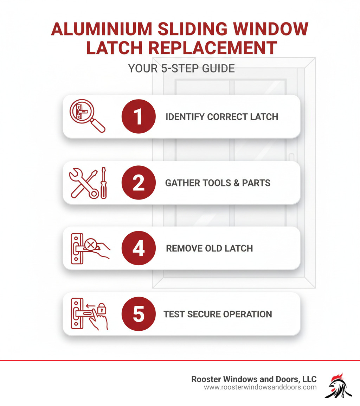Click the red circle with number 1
pyautogui.click(x=139, y=117)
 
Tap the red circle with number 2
pyautogui.click(x=139, y=183)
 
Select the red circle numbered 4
pyautogui.click(x=139, y=248)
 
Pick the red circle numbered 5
pyautogui.click(x=139, y=314)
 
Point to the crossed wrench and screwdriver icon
pyautogui.click(x=84, y=183)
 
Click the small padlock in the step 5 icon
pyautogui.click(x=101, y=309)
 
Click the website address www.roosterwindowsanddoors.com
pyautogui.click(x=260, y=388)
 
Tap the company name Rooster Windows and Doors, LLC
pyautogui.click(x=254, y=379)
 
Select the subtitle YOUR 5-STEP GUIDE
pyautogui.click(x=181, y=68)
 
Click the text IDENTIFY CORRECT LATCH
pyautogui.click(x=222, y=117)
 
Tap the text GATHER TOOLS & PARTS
pyautogui.click(x=218, y=183)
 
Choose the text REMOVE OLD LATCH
pyautogui.click(x=209, y=248)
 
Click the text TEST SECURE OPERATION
pyautogui.click(x=218, y=314)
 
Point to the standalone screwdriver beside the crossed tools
pyautogui.click(x=104, y=183)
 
